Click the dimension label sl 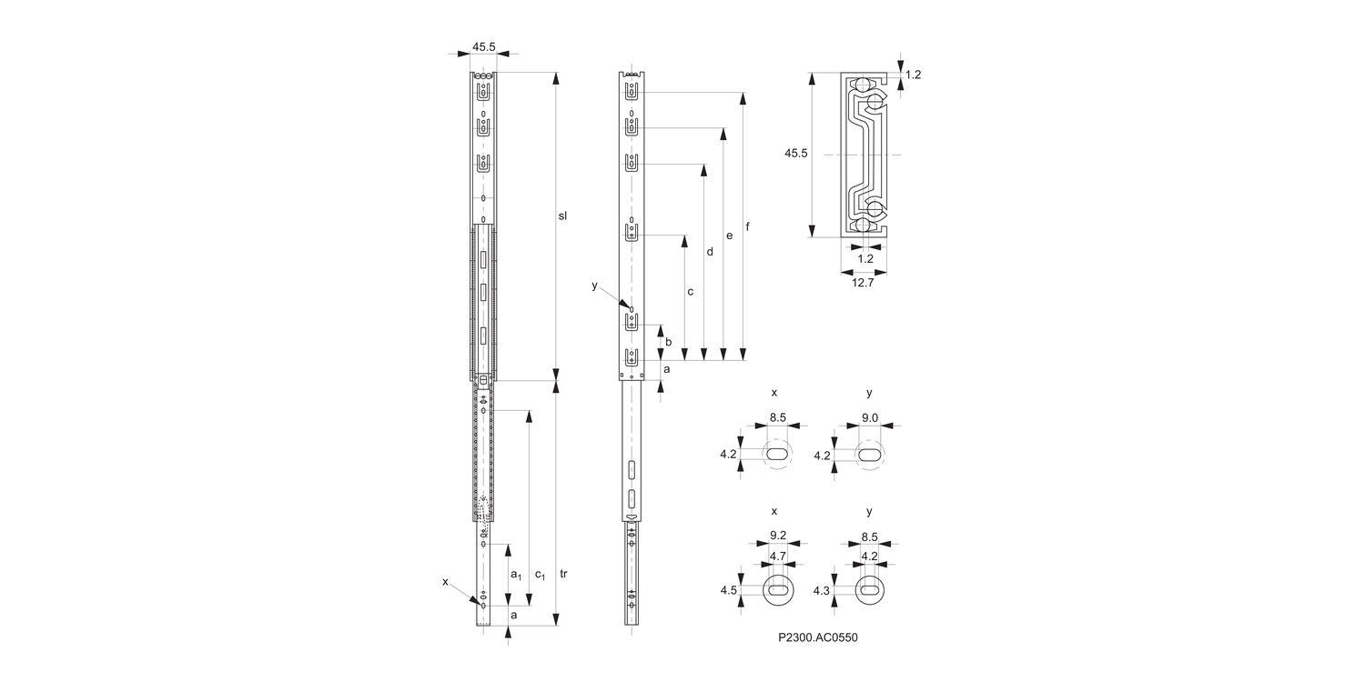[562, 216]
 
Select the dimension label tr [564, 574]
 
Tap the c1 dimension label [540, 576]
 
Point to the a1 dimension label [515, 575]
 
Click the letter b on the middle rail [669, 342]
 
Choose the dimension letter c [691, 292]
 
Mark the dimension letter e [729, 236]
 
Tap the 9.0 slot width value [869, 417]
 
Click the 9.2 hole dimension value [778, 536]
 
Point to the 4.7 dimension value [778, 556]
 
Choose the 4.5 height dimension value [728, 590]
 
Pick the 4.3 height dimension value [822, 590]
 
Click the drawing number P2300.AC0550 [818, 637]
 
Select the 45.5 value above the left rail [484, 45]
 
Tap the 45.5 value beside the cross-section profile [796, 154]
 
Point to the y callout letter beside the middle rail [594, 286]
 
